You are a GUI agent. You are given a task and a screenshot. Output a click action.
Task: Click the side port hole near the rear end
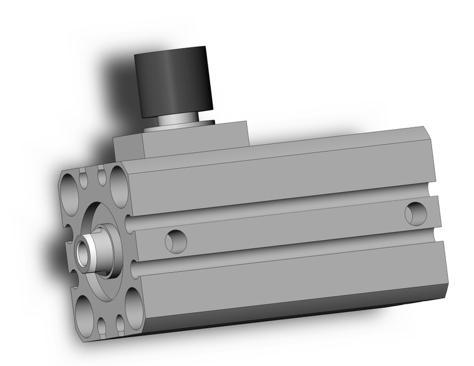coord(414,213)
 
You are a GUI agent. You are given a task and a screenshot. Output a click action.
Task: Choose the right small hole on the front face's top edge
coord(100,175)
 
